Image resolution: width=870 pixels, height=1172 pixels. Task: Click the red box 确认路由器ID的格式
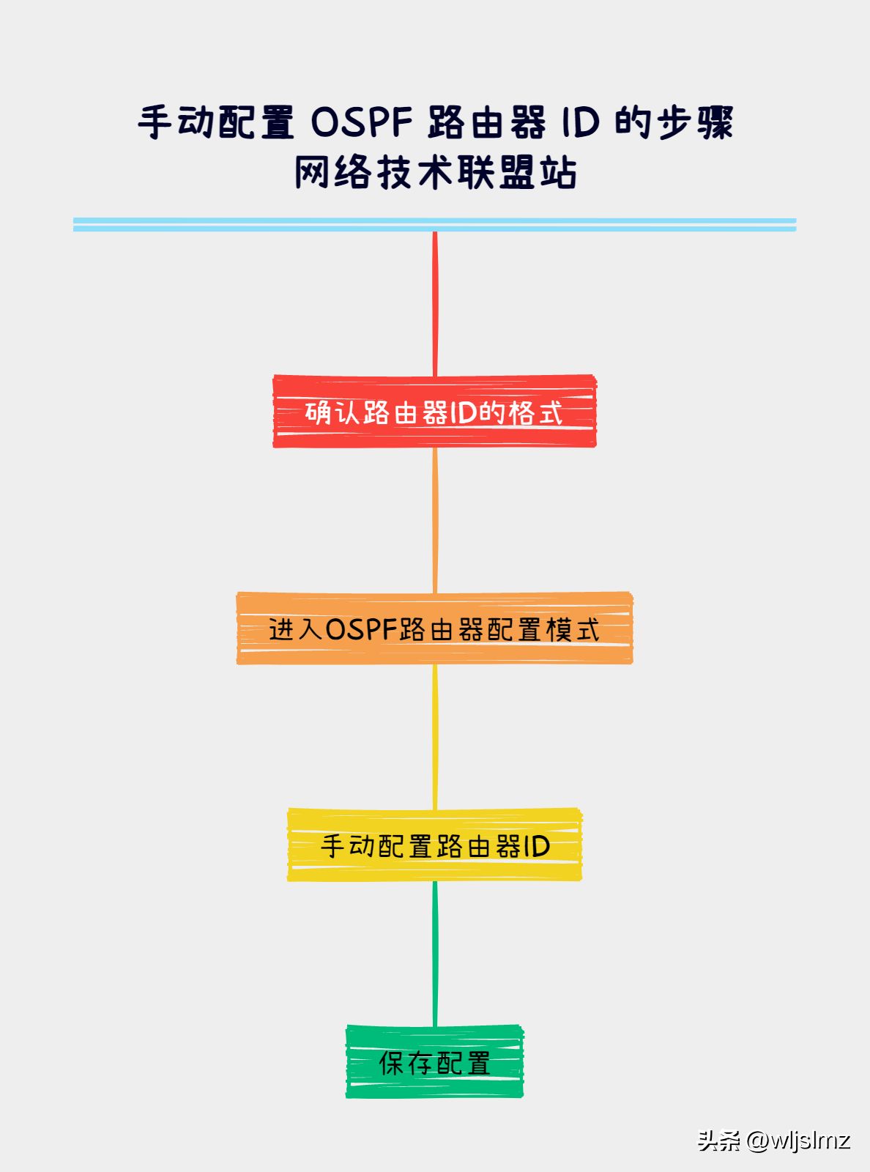[435, 412]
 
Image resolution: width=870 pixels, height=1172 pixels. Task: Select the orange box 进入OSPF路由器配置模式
[435, 628]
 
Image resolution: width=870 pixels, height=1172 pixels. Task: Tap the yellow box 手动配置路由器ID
[435, 845]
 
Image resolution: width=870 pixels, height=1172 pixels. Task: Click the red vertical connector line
[435, 303]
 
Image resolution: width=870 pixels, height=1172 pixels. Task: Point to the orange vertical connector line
[435, 520]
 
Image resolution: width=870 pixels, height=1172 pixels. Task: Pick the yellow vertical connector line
[435, 737]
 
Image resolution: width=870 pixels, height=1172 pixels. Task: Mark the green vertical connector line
[435, 953]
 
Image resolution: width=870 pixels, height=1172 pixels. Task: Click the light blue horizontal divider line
[435, 225]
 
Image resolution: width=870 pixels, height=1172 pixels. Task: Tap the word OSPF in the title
[362, 122]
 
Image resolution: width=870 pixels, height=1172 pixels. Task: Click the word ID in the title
[581, 122]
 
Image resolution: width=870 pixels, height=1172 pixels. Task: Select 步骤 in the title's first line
[695, 122]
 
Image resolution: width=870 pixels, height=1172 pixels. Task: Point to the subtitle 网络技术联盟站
[435, 172]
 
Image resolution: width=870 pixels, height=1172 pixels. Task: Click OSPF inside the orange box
[361, 628]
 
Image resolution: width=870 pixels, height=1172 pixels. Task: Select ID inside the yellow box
[537, 846]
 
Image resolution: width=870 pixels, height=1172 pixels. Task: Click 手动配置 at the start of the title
[215, 122]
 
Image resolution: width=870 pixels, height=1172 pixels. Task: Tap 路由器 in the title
[486, 122]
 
